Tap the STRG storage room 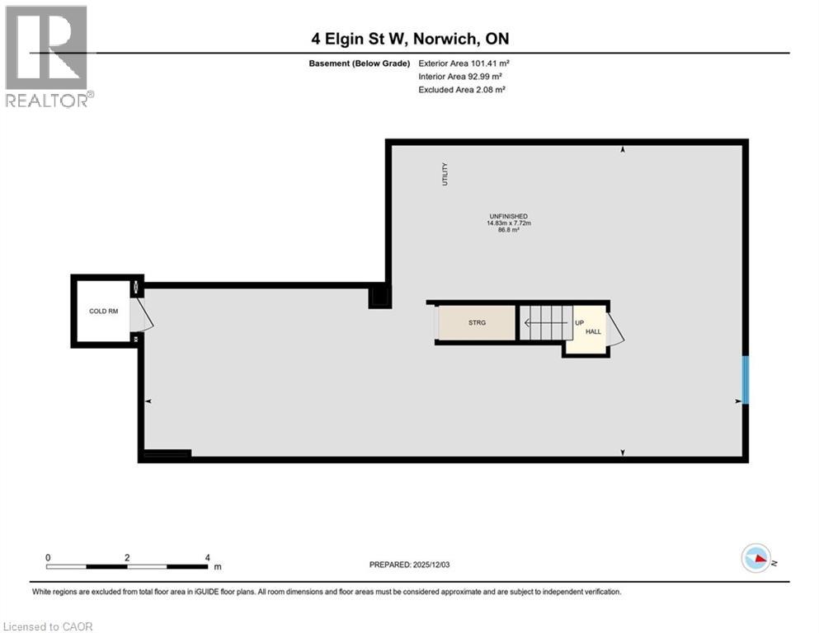[476, 322]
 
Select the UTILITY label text [445, 174]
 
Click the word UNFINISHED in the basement [507, 216]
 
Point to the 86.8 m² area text [507, 231]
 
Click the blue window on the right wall [746, 379]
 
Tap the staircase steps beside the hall [544, 322]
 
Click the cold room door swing [143, 315]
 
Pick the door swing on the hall [615, 329]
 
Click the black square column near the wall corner [379, 296]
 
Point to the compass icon [756, 559]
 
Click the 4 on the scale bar [207, 557]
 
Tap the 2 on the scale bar [127, 557]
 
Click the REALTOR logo [47, 56]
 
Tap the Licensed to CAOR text [49, 626]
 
